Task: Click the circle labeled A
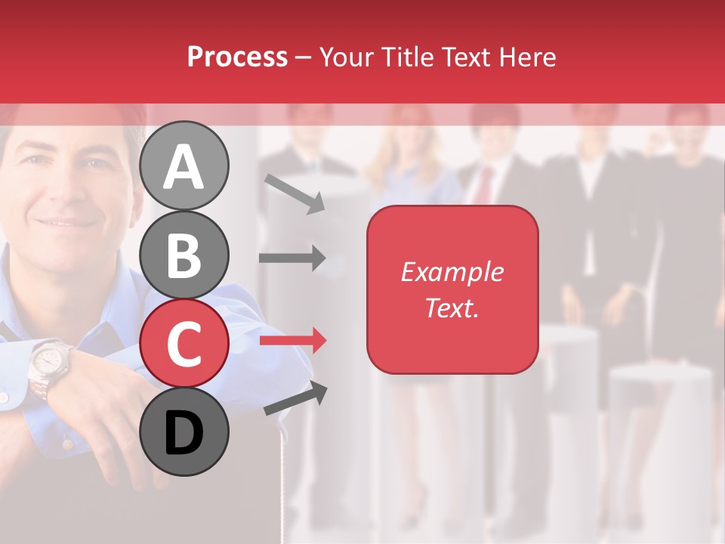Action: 184,166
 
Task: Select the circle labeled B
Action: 184,255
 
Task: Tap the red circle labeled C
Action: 184,343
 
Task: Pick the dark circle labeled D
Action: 184,431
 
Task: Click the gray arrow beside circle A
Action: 295,193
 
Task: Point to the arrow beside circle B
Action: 292,258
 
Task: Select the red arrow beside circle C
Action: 292,341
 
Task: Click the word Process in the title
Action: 237,57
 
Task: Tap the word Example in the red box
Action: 452,272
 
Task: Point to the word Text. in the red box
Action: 452,308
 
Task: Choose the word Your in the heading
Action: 346,57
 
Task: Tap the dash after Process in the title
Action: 303,57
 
